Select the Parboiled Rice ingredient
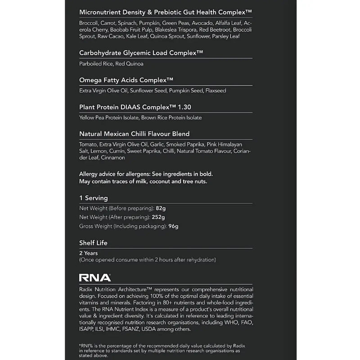point(95,63)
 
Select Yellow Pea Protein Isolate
point(108,117)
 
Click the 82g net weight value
point(162,208)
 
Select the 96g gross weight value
point(173,226)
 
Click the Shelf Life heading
point(93,243)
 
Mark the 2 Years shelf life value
point(88,253)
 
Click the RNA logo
point(94,278)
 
